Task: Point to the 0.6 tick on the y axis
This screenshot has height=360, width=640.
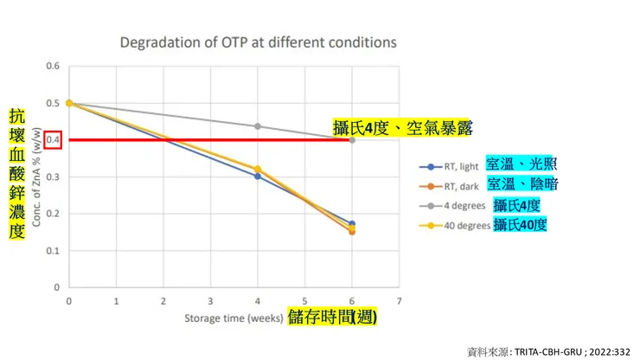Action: (52, 66)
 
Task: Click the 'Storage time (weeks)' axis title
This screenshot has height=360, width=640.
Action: (234, 318)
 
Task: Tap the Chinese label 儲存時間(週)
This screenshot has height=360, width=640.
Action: (332, 318)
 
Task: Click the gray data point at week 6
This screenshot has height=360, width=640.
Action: (351, 139)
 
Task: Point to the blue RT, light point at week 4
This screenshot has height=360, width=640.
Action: (257, 176)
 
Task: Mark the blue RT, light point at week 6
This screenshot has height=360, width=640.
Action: (351, 223)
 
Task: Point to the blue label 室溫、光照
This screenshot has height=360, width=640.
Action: (519, 164)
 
